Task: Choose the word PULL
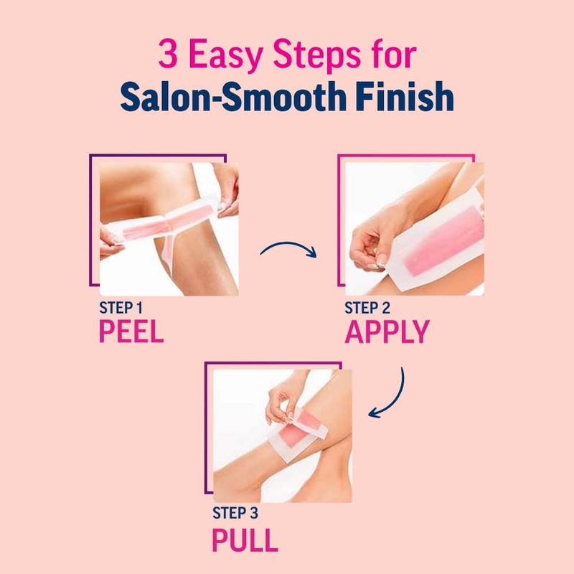point(245,539)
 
